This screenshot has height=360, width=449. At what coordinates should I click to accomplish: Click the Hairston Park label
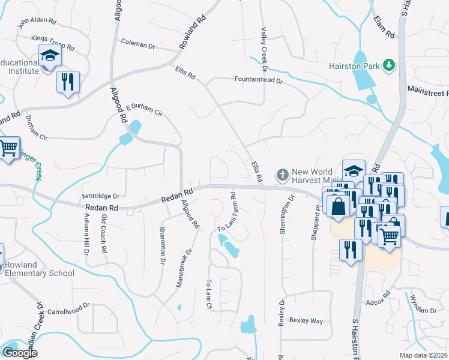[x=354, y=65]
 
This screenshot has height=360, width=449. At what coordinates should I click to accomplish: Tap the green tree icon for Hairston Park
[x=390, y=65]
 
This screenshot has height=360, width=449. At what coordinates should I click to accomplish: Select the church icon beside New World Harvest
[x=282, y=175]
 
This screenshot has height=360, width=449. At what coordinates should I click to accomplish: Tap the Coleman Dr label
[x=138, y=43]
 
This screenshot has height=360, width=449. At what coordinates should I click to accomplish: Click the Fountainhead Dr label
[x=258, y=79]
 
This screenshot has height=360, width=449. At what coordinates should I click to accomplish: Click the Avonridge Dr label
[x=101, y=196]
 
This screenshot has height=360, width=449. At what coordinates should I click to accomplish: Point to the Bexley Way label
[x=306, y=321]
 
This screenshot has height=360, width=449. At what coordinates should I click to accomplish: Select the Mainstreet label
[x=428, y=94]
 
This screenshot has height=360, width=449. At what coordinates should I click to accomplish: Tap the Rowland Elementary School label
[x=38, y=269]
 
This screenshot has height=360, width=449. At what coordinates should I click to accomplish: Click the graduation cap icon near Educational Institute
[x=50, y=56]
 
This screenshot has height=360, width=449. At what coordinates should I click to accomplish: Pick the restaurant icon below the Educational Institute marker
[x=68, y=80]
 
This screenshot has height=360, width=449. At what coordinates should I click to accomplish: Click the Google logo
[x=19, y=353]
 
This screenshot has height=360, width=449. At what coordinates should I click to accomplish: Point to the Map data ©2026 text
[x=424, y=355]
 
